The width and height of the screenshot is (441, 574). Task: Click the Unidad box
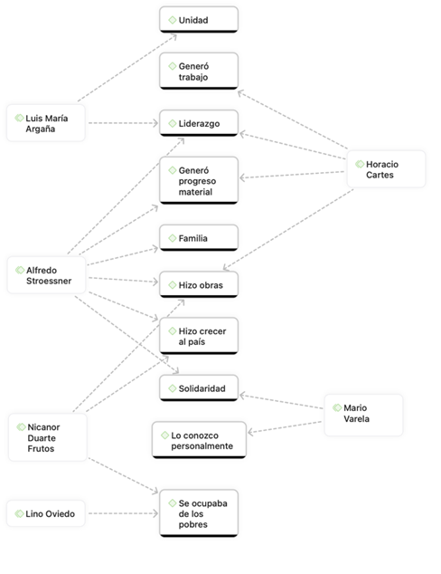199,19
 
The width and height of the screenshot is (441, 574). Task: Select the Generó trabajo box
199,71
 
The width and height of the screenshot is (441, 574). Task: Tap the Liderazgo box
199,122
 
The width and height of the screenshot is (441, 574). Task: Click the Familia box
199,238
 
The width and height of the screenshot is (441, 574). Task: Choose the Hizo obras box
199,285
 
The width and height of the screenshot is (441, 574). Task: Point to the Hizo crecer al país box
199,336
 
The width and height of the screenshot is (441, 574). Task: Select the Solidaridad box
199,387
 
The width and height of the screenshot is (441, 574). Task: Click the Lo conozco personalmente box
198,440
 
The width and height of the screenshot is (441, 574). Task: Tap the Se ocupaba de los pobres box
199,513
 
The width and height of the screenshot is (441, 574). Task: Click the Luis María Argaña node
46,123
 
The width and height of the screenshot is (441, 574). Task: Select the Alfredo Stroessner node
46,275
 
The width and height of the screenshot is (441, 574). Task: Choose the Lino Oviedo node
46,514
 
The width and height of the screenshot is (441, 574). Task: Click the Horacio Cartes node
386,168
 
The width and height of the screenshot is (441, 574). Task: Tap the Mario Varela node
363,414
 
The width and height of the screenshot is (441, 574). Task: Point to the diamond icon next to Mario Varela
337,408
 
